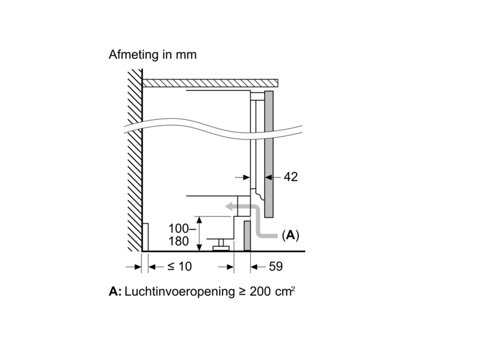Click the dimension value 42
coord(290,177)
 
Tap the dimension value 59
coord(275,266)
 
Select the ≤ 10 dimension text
coord(179,266)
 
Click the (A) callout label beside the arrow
coord(290,235)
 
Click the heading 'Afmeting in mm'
coord(152,55)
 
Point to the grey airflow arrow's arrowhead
coord(229,206)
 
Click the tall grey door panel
coord(269,154)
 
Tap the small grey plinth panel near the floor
coord(247,236)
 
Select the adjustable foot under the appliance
coord(221,245)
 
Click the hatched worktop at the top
coord(210,83)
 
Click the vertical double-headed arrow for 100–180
coord(199,234)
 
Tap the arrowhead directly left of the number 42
coord(269,177)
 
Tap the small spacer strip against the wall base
coord(145,237)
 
